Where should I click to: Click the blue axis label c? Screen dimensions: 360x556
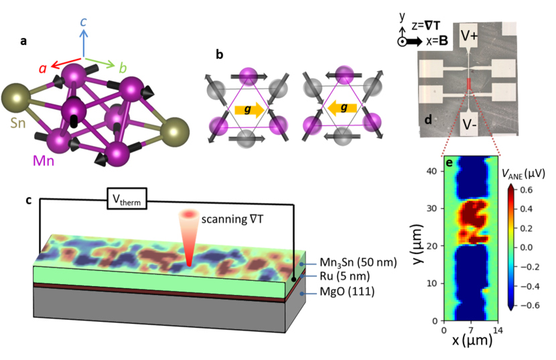point(83,22)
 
